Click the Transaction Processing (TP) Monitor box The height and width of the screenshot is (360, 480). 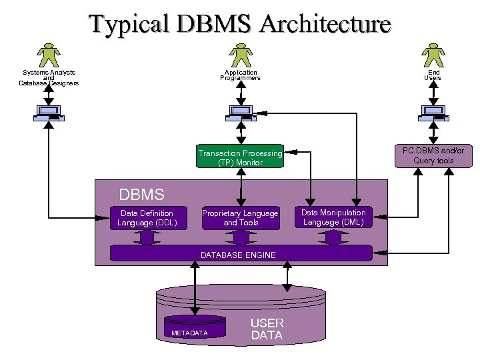(240, 157)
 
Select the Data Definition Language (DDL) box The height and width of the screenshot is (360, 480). (147, 218)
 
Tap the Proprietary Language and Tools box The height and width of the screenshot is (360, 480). (241, 218)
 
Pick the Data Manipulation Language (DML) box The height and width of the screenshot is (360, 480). (333, 218)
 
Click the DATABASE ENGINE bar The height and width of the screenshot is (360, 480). (241, 253)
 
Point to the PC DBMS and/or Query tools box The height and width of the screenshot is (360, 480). (433, 155)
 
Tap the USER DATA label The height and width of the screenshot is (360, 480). (267, 329)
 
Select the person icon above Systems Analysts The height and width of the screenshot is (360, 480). (49, 55)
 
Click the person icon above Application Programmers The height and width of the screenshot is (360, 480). (240, 55)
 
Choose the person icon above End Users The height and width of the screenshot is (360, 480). (433, 55)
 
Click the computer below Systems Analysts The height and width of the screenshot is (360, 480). (49, 113)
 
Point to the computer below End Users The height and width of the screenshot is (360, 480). (433, 113)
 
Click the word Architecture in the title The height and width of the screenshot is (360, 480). (325, 25)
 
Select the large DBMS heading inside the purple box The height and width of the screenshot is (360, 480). (141, 195)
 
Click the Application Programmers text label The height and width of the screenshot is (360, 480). (240, 75)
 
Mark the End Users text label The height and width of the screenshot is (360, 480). (433, 75)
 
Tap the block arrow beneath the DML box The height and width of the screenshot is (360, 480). (333, 237)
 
